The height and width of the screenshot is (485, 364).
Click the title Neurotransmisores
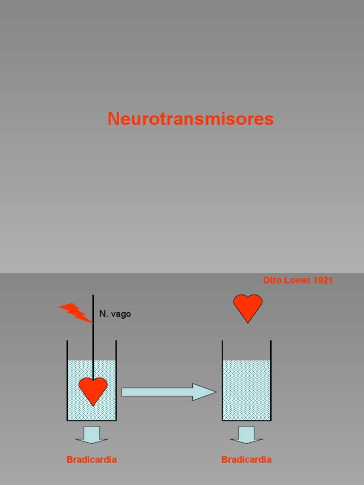pos(191,119)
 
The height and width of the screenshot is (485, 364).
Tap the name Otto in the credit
pos(272,280)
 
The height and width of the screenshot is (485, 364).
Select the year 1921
pos(323,280)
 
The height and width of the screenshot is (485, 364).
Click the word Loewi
pos(297,280)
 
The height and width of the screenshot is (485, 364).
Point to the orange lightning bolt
pos(75,313)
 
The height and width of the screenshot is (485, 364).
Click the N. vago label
pos(115,314)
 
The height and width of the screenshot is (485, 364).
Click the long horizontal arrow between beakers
pos(161,392)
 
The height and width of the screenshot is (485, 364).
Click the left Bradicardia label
pos(91,459)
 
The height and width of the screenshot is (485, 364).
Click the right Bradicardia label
pos(246,459)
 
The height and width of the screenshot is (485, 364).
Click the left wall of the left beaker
pos(67,379)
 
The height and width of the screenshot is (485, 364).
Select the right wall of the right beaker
pos(271,379)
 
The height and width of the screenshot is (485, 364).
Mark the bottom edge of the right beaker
pos(246,420)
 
